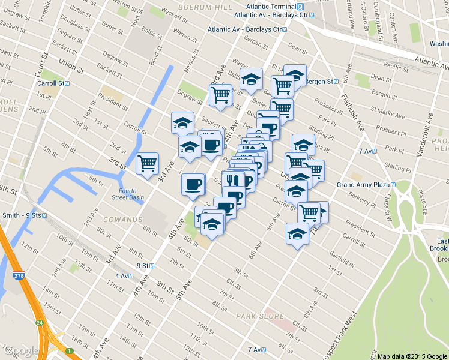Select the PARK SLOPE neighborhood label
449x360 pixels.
[x=258, y=316]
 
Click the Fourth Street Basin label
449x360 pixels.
[x=128, y=194]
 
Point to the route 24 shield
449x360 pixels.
[x=39, y=323]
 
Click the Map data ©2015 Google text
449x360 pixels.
[x=412, y=355]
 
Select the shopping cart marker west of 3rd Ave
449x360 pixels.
[x=147, y=163]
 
